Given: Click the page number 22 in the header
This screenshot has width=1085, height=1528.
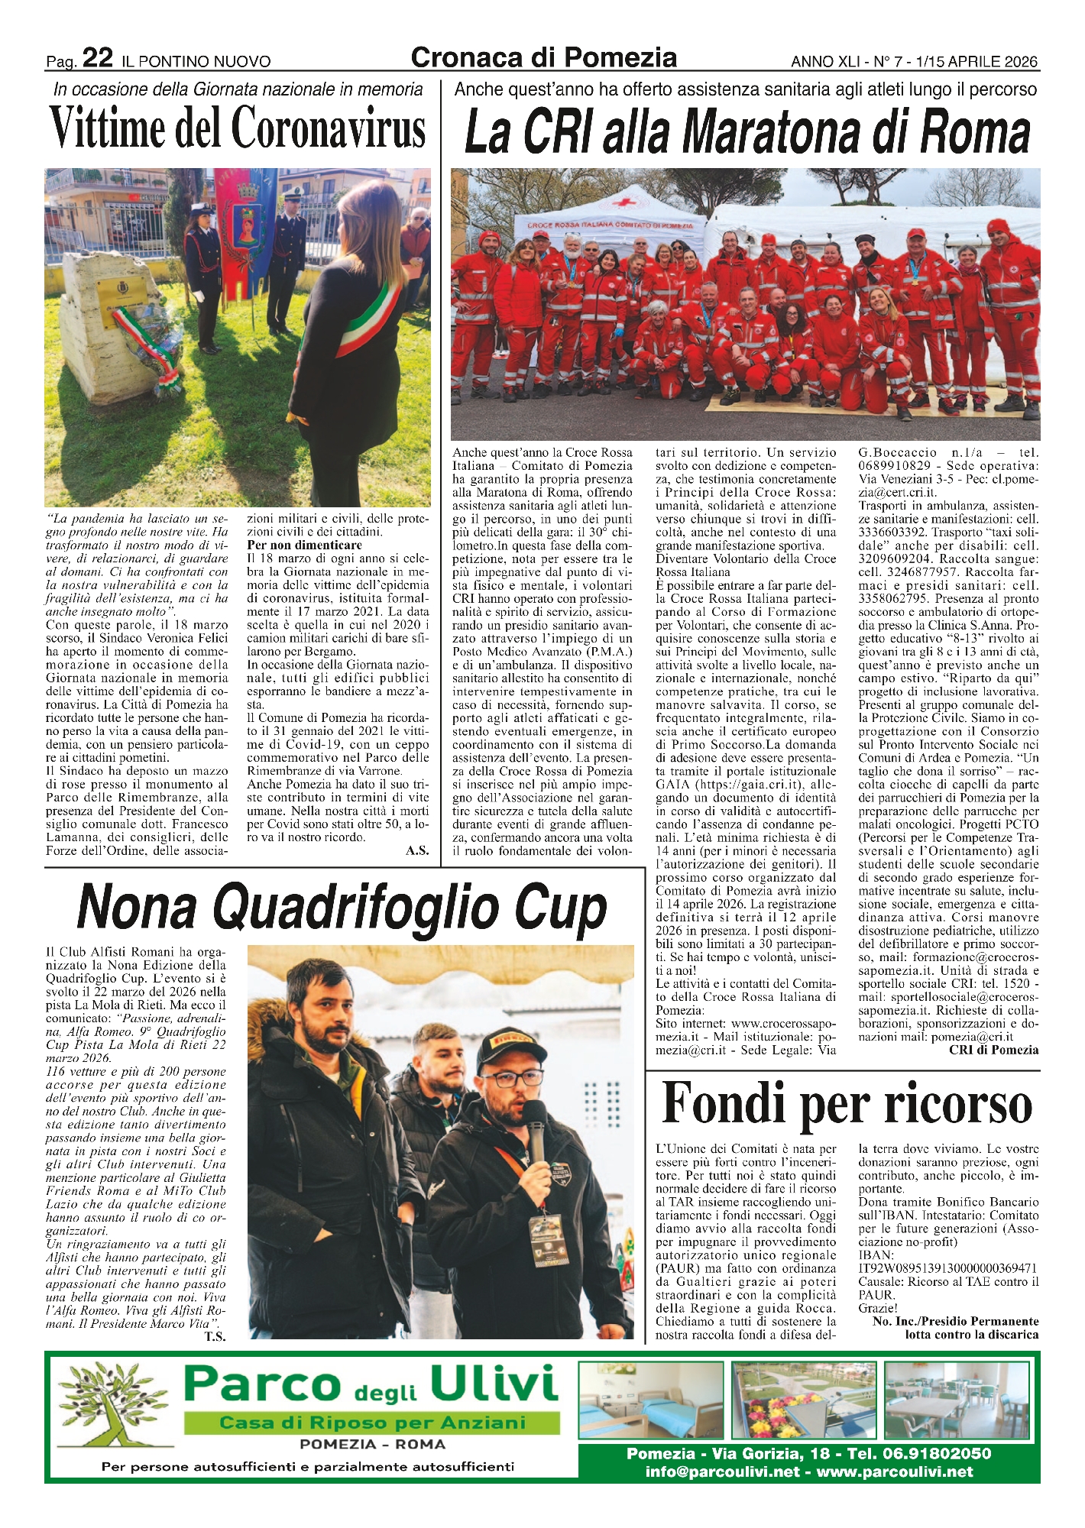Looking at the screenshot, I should (98, 58).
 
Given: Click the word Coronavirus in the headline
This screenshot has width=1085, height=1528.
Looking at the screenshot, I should (329, 128).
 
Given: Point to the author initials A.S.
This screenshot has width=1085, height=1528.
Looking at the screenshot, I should (417, 850).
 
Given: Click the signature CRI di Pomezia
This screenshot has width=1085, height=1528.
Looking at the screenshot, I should (993, 1050).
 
